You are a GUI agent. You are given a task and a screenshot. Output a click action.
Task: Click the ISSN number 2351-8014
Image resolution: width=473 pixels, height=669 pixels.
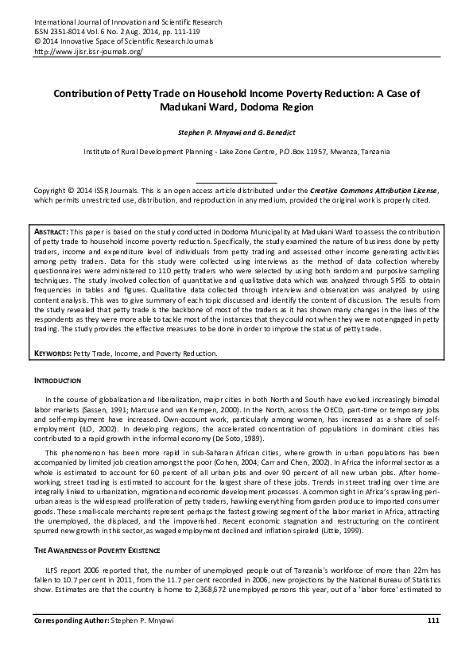tap(65, 31)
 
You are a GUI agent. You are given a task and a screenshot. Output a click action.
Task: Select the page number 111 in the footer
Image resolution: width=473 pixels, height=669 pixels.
tap(432, 641)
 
